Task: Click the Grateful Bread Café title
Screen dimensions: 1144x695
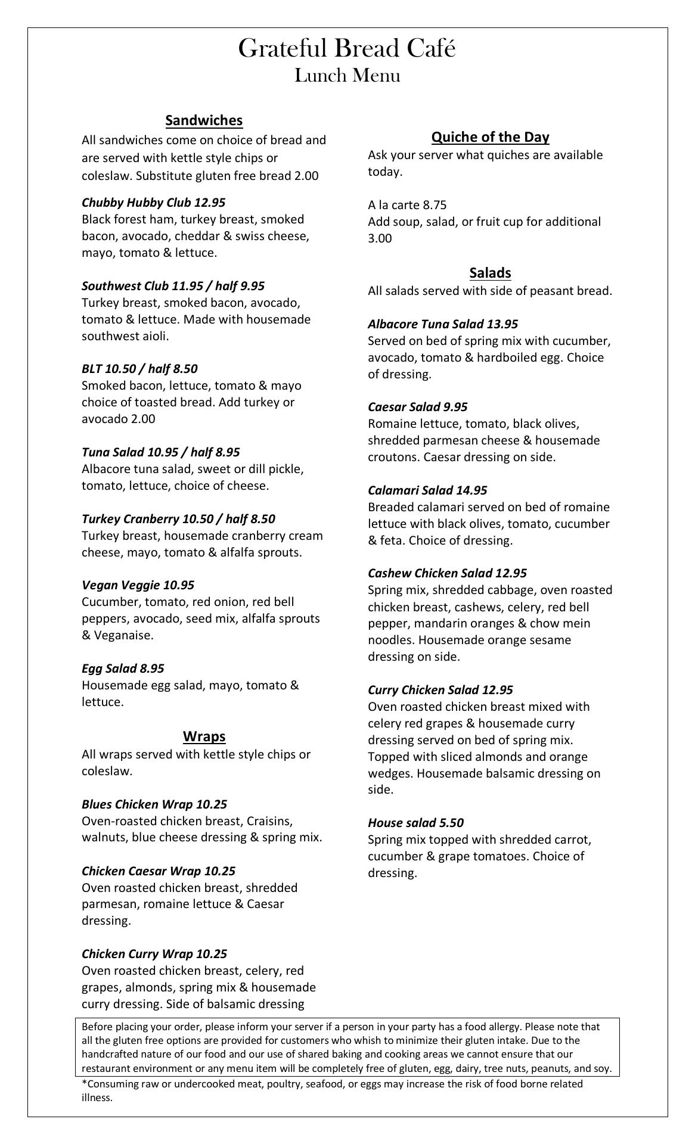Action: tap(347, 48)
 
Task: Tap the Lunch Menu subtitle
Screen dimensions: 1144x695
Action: tap(347, 76)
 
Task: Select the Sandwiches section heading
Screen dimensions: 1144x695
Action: tap(204, 120)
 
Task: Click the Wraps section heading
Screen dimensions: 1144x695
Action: tap(204, 736)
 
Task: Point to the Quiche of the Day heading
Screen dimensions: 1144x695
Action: tap(490, 137)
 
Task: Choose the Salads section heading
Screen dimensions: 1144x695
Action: tap(490, 273)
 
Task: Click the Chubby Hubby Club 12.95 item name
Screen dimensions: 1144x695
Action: tap(153, 203)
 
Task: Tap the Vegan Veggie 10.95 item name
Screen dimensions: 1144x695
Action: tap(138, 585)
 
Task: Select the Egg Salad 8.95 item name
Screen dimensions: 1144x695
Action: tap(123, 669)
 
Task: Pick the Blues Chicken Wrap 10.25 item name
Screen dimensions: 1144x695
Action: tap(154, 804)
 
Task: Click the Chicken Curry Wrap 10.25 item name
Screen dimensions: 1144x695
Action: tap(154, 954)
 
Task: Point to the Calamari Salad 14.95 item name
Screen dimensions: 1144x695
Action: tap(427, 490)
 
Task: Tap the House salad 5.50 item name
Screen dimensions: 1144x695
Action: tap(415, 823)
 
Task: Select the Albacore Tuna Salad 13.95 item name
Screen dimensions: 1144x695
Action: tap(443, 324)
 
